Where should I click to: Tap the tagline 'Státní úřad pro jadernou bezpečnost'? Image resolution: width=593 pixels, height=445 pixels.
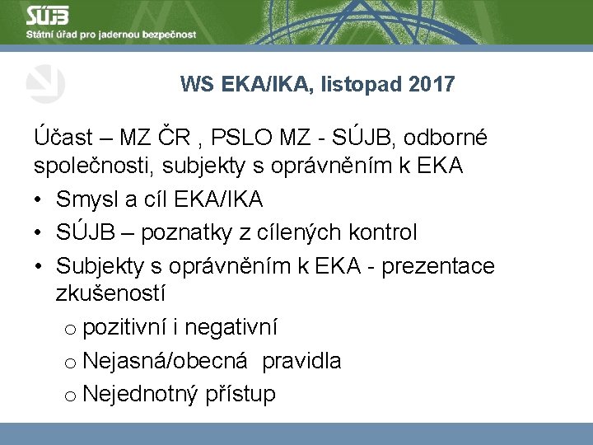point(111,35)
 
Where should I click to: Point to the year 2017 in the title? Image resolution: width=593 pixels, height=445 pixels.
point(431,84)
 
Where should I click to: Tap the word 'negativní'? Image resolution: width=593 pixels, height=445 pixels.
point(231,328)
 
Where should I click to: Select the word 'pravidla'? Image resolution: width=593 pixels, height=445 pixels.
point(301,361)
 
